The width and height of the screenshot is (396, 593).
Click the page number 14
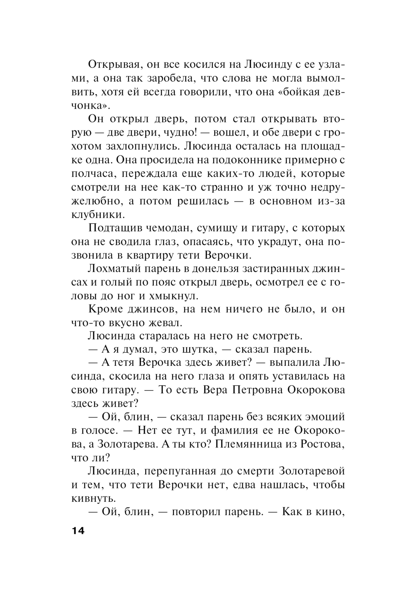pyautogui.click(x=78, y=531)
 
